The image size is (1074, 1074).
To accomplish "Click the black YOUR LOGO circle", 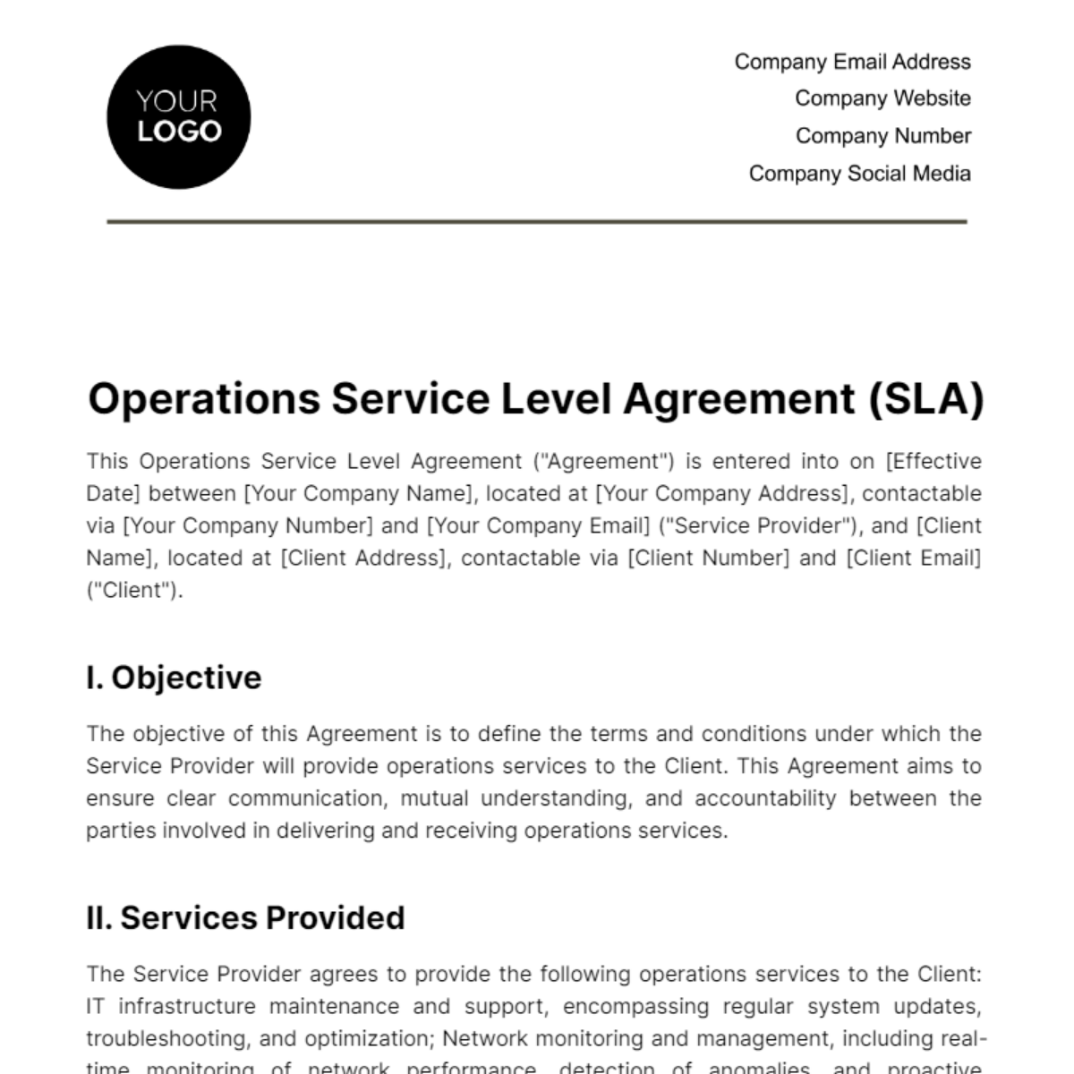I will pos(178,117).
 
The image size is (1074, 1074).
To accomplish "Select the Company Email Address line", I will pos(852,62).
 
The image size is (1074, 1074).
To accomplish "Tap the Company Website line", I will pos(882,98).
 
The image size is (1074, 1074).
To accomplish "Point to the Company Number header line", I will pos(882,136).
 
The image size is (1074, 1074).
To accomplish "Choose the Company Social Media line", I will pos(859,174).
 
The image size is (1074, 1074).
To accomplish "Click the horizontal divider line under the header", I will pos(537,221).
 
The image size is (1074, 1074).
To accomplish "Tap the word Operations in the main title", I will pos(204,399).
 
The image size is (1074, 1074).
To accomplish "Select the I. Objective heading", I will pos(174,678).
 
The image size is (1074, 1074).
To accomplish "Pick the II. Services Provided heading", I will pos(245,918).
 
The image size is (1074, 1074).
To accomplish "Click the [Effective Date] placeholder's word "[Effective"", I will pos(933,462).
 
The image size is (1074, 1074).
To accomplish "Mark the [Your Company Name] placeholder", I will pos(359,494).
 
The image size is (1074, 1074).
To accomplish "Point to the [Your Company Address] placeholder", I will pos(722,494).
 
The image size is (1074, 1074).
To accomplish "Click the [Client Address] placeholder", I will pos(363,558).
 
